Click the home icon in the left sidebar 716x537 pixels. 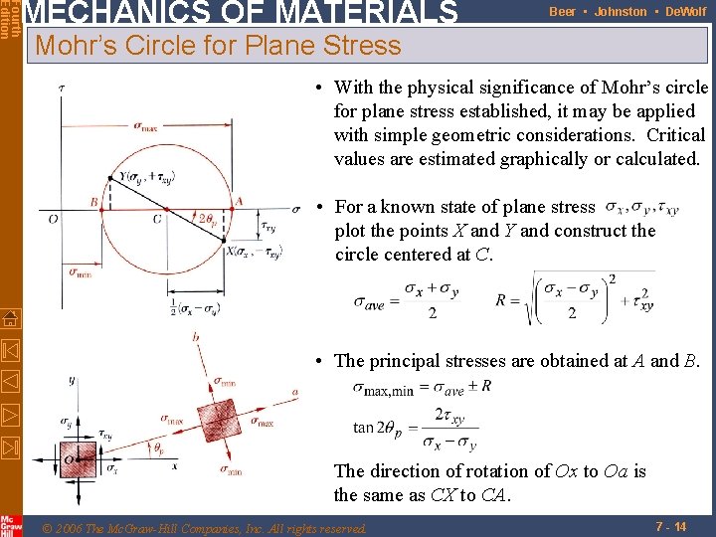(10, 319)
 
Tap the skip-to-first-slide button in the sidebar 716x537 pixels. (10, 351)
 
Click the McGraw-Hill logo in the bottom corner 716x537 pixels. (10, 523)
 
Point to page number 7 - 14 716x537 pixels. (672, 524)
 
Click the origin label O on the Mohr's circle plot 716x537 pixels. (52, 219)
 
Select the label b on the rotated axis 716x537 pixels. (196, 338)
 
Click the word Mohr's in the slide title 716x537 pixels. (74, 45)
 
